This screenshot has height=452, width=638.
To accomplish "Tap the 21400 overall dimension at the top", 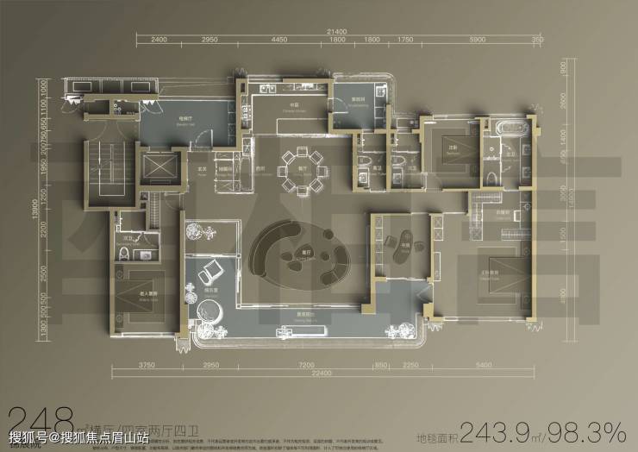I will pyautogui.click(x=336, y=32).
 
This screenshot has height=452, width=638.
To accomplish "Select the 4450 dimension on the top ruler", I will pyautogui.click(x=278, y=41).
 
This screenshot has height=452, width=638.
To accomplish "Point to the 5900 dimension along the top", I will pyautogui.click(x=478, y=41).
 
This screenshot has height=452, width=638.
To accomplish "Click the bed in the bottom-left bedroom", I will pyautogui.click(x=138, y=293).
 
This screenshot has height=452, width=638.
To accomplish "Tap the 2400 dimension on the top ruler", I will pyautogui.click(x=159, y=41).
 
